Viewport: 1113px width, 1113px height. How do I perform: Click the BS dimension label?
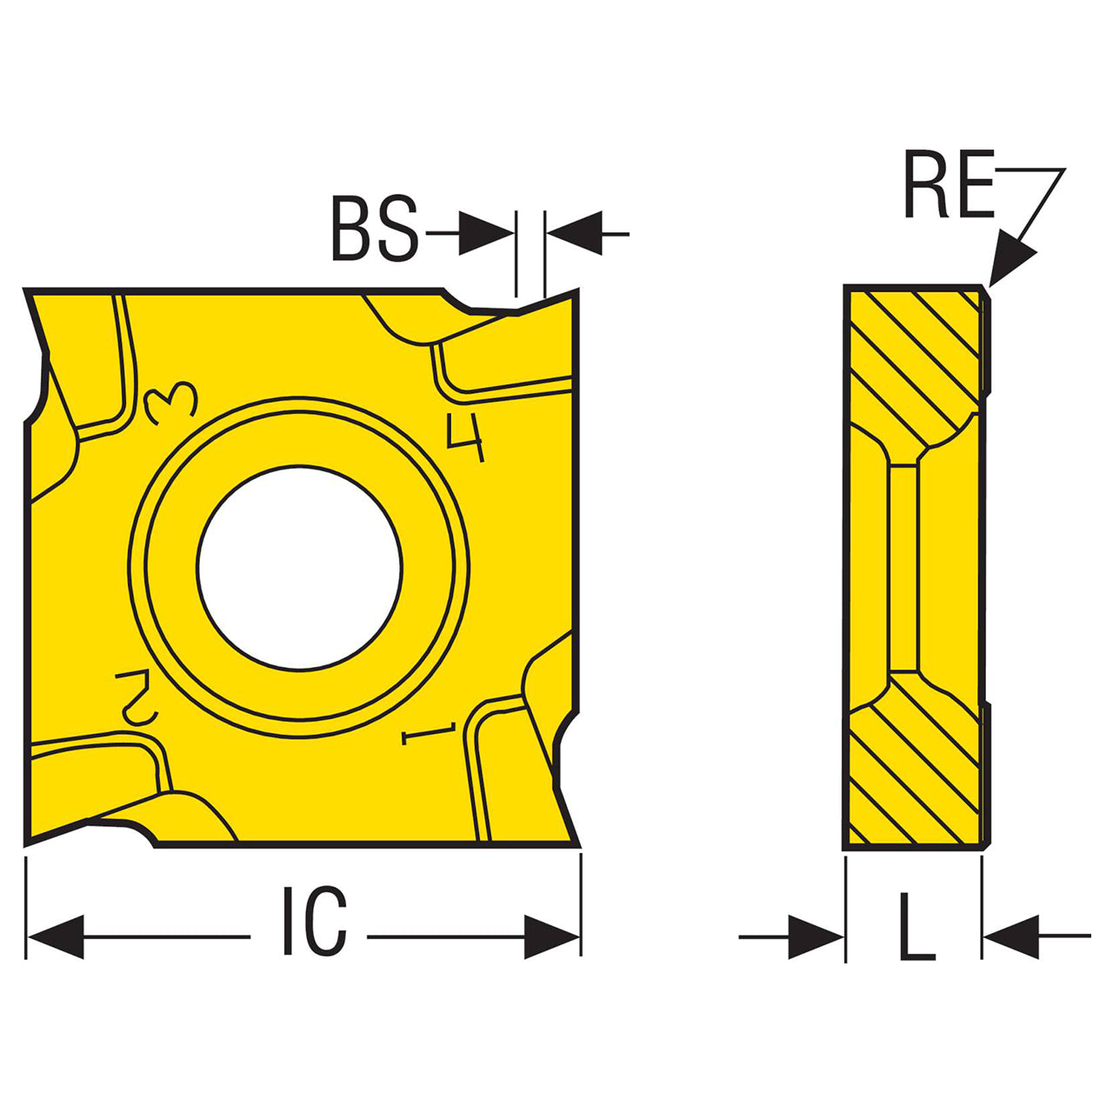(375, 228)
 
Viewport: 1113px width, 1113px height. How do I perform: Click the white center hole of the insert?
(298, 568)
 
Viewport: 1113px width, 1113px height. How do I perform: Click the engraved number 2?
(137, 697)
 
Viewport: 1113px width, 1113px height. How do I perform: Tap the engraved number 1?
(429, 733)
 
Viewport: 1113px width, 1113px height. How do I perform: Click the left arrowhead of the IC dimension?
(56, 936)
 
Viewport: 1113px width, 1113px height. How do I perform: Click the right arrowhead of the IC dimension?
(551, 936)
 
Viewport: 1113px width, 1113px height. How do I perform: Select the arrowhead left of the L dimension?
(816, 936)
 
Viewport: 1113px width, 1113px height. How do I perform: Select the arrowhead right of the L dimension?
(1011, 936)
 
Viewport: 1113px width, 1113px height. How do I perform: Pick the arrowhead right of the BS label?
(486, 233)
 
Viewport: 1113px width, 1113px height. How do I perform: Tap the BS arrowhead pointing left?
(575, 233)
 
